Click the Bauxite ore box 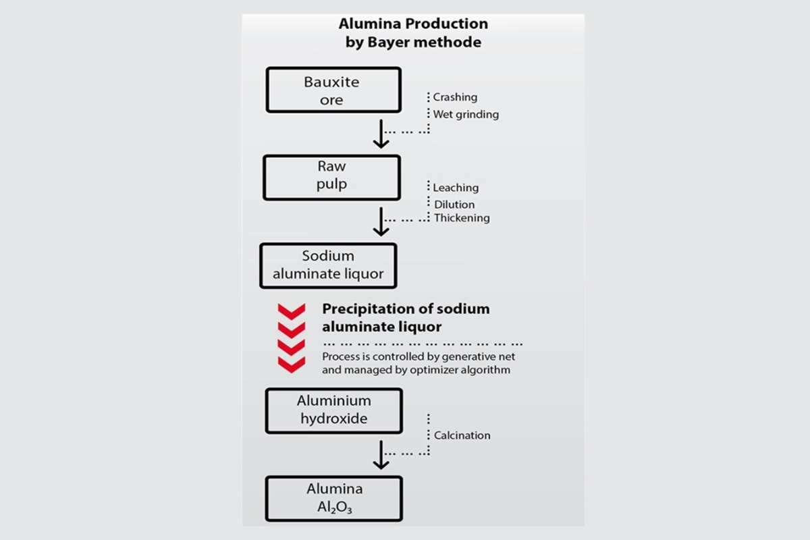333,90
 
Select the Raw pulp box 331,178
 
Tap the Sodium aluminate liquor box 328,265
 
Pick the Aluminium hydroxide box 334,410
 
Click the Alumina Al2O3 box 334,498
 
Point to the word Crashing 455,97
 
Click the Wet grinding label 466,115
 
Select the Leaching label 456,188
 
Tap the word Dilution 454,205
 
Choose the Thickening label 462,218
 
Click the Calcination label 462,435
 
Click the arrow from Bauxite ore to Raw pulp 381,134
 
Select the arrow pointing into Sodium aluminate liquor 381,221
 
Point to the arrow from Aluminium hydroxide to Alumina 381,454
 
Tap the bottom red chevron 292,364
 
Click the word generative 472,356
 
